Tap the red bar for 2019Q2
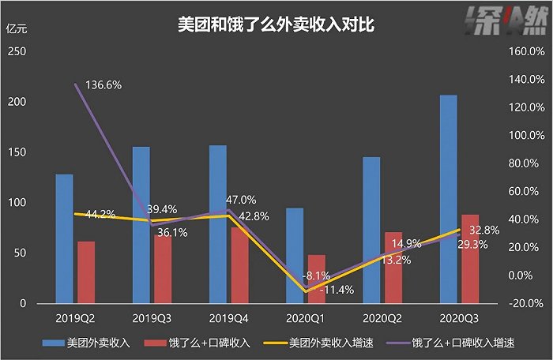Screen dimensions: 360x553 [86, 272]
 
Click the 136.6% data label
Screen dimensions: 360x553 [103, 84]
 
